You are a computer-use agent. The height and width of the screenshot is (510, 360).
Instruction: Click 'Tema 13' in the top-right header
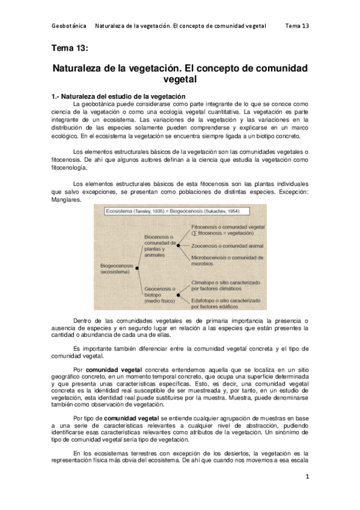coord(297,26)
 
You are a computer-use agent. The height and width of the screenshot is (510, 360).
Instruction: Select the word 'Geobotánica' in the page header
coord(69,26)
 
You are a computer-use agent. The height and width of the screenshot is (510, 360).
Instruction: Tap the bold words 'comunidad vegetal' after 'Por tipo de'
coord(130,399)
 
